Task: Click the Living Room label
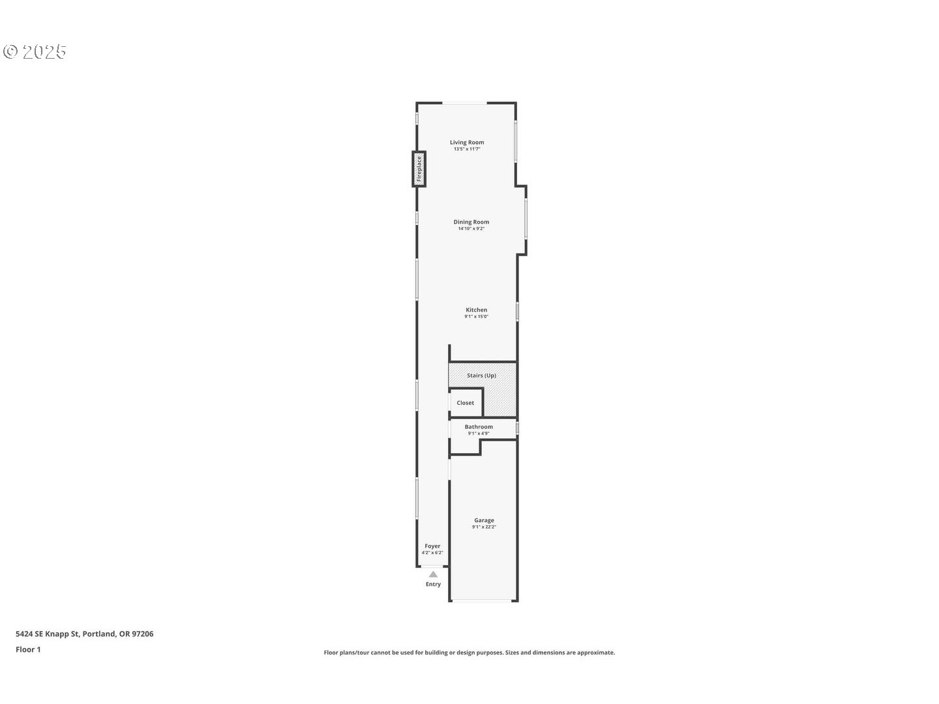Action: point(467,142)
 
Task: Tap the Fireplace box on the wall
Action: point(419,169)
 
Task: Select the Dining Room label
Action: point(471,222)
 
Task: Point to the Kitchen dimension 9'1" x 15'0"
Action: point(476,317)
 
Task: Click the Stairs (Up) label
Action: point(481,375)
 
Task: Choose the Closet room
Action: point(466,403)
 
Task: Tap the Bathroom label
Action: point(479,427)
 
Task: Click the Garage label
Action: point(484,520)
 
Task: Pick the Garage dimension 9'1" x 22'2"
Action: point(484,527)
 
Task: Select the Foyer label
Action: point(432,546)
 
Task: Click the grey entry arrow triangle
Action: point(433,574)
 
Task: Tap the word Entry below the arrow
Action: point(433,584)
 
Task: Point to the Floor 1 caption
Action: point(28,649)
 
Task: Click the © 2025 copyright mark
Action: point(35,52)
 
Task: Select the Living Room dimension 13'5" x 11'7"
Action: point(467,149)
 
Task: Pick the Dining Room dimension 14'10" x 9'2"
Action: point(471,229)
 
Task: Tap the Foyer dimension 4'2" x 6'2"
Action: point(432,553)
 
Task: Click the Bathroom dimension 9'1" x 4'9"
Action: point(479,433)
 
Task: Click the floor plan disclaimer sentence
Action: point(469,653)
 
